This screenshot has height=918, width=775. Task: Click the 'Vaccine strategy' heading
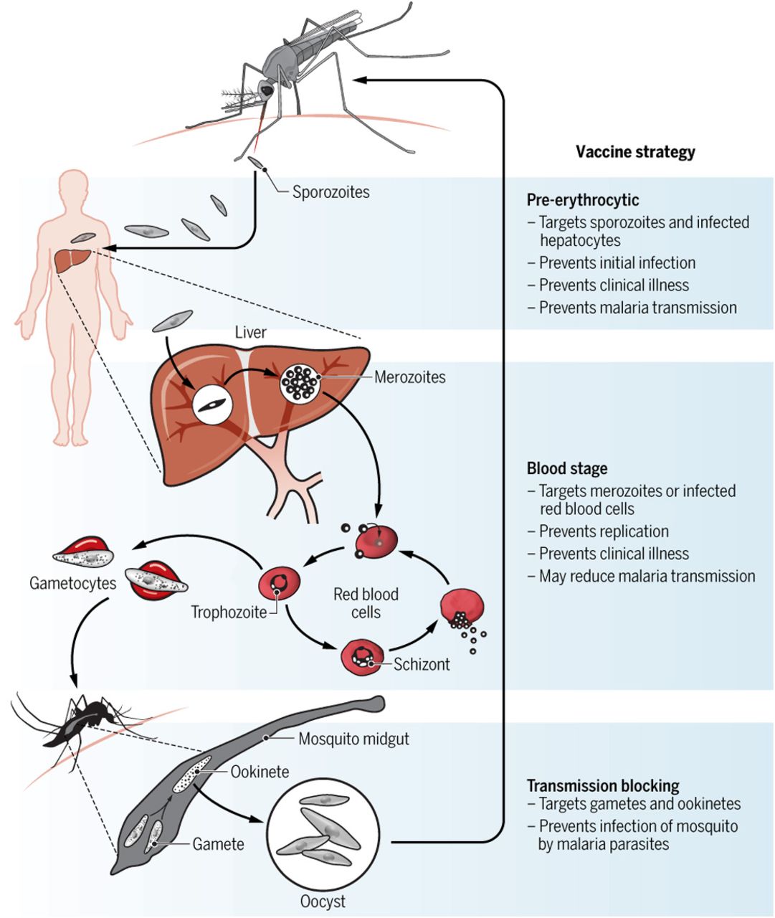[635, 152]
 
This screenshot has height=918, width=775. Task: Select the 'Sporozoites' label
[331, 192]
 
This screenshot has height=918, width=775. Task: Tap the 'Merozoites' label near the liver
[409, 377]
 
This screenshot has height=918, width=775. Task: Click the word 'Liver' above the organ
[250, 332]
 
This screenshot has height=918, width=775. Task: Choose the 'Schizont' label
[422, 664]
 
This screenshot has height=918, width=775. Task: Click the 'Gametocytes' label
[72, 583]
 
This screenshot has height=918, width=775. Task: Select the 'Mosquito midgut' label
[353, 739]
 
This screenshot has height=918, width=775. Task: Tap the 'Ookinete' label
[260, 772]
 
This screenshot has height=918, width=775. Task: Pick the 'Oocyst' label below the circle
[322, 902]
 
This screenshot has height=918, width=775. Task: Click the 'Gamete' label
[218, 844]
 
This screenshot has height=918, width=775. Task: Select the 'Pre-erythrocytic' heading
[583, 200]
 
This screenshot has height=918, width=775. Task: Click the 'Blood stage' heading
[567, 469]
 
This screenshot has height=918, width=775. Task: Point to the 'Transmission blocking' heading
[603, 785]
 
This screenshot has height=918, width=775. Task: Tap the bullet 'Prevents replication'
[604, 531]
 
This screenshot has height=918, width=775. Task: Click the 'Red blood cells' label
[366, 603]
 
